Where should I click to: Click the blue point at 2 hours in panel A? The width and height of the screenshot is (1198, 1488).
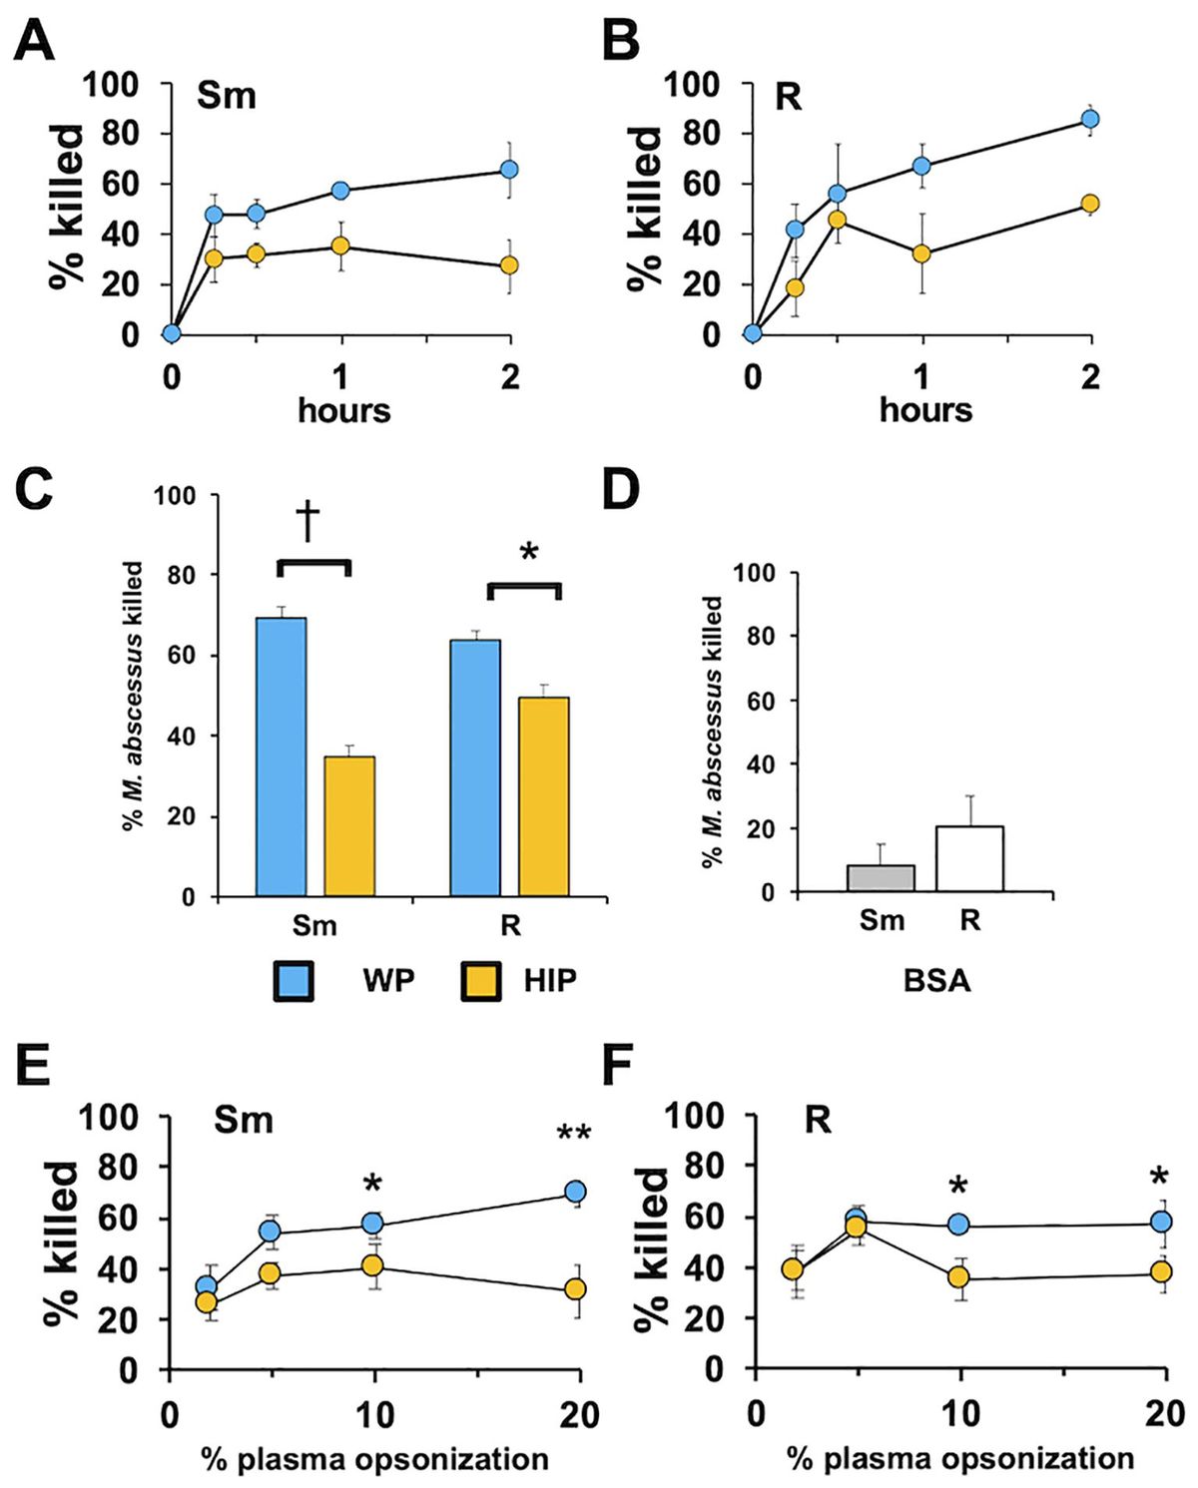tap(510, 170)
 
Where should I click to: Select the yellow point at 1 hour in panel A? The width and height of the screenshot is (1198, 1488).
tap(340, 246)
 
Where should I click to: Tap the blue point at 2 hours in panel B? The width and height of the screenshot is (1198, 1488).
tap(1090, 120)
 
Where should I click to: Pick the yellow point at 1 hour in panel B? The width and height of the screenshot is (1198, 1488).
tap(921, 253)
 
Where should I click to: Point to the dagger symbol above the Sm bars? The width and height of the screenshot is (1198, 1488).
tap(307, 522)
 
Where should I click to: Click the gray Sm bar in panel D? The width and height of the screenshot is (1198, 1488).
tap(881, 878)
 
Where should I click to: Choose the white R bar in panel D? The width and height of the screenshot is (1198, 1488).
tap(969, 858)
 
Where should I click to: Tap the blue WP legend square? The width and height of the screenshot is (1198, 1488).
tap(294, 981)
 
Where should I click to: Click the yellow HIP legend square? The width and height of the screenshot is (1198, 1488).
tap(481, 981)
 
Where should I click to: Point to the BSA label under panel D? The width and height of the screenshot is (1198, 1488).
tap(936, 981)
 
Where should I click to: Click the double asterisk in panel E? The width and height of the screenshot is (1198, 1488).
tap(574, 1135)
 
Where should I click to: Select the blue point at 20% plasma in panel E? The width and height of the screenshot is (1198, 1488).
tap(575, 1192)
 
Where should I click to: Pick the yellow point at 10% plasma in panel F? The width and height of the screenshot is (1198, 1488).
tap(958, 1277)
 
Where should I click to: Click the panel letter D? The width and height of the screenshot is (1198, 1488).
tap(620, 491)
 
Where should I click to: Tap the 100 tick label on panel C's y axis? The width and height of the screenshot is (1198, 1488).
tap(174, 496)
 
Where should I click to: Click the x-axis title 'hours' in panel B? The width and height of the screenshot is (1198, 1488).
tap(925, 410)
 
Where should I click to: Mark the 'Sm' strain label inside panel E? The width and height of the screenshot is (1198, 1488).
tap(244, 1120)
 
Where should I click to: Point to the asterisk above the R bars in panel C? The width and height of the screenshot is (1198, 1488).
tap(529, 552)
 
